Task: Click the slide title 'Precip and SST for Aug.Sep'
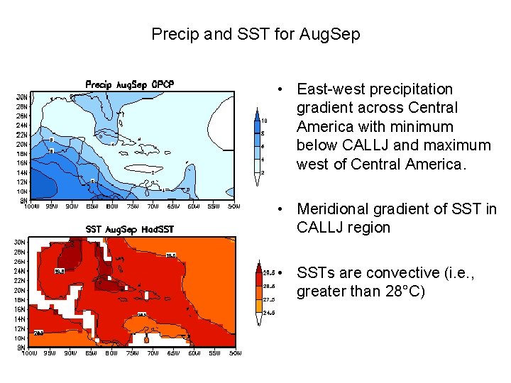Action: coord(255,34)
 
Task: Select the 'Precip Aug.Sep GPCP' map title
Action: coord(130,84)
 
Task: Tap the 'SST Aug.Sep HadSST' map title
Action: coord(130,229)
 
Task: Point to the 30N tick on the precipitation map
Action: coord(22,96)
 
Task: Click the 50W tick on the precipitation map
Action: coord(233,207)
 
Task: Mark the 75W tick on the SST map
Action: coord(132,353)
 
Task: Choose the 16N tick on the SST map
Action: coord(22,309)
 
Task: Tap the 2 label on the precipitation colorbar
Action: coord(263,172)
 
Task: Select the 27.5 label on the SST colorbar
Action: coord(269,299)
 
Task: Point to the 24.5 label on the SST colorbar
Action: coord(269,313)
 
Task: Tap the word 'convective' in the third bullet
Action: coord(392,273)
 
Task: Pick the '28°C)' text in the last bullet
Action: coord(404,292)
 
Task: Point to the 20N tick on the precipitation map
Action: coord(22,143)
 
